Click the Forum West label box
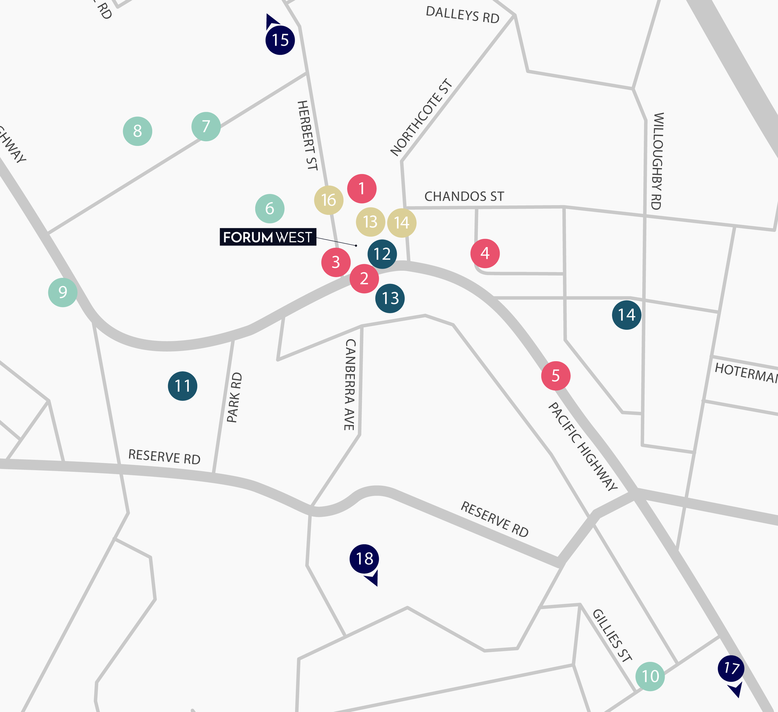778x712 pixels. click(x=268, y=237)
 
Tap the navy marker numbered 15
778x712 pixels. click(x=280, y=40)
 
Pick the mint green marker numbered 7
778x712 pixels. click(x=206, y=127)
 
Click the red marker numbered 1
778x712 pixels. click(x=362, y=189)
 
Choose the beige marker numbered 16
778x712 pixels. click(x=329, y=200)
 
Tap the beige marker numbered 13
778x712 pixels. click(x=370, y=222)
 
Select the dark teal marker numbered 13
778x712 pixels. click(x=390, y=298)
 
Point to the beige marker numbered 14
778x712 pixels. click(x=402, y=223)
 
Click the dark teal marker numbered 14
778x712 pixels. click(x=627, y=315)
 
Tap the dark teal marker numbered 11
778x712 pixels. click(x=183, y=386)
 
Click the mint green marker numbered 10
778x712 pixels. click(x=650, y=676)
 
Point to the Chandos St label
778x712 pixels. click(x=464, y=196)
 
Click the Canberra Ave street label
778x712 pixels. click(x=350, y=384)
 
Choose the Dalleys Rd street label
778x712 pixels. click(x=462, y=15)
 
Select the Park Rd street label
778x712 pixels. click(x=234, y=397)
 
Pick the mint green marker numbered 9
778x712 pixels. click(x=63, y=292)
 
